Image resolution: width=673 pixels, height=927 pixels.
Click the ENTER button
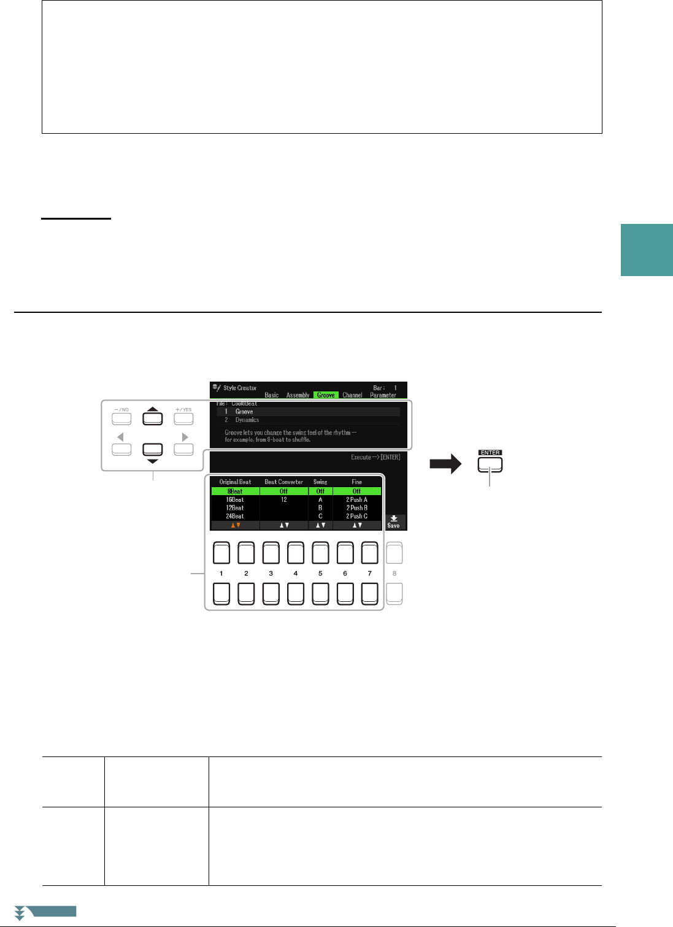490,465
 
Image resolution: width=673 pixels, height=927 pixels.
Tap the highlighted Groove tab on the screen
326,395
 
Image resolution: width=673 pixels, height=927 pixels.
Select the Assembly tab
298,395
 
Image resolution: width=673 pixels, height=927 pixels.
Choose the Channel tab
352,395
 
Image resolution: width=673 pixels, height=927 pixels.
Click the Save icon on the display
393,521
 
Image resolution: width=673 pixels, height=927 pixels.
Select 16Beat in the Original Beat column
235,500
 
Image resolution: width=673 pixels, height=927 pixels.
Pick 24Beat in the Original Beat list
235,517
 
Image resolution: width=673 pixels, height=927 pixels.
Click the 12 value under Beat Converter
284,500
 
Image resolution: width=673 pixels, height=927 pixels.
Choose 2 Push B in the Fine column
356,508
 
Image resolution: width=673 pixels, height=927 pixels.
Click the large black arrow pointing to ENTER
445,464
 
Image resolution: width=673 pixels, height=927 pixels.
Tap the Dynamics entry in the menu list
247,420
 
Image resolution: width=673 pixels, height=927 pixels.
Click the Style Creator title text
240,388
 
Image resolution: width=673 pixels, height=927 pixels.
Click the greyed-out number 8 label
394,574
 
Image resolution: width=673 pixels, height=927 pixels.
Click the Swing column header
320,482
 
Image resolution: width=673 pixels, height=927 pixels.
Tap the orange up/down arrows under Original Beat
235,525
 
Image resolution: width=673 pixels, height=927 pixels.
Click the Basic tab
271,395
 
